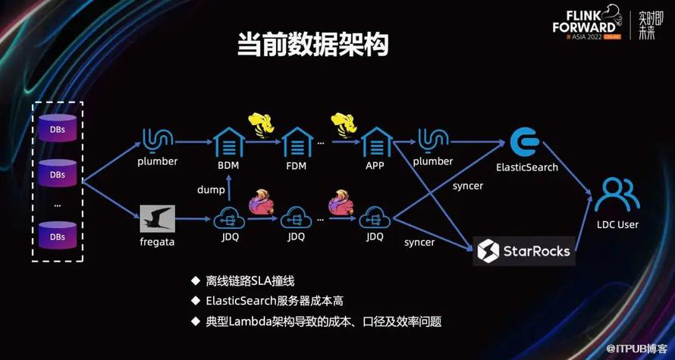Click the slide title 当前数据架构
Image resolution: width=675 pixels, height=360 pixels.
(x=313, y=44)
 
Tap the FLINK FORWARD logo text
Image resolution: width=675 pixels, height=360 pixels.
(x=584, y=21)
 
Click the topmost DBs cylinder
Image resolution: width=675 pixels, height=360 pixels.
(x=58, y=128)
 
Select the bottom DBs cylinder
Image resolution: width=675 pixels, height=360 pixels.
(x=58, y=235)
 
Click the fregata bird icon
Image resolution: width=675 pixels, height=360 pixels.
(x=158, y=218)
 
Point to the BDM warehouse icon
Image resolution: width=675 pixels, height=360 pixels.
(x=228, y=142)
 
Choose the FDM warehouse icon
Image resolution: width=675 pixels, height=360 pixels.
(x=297, y=142)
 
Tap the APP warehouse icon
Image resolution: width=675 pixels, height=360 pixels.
(x=377, y=142)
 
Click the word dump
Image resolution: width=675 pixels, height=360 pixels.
(x=211, y=189)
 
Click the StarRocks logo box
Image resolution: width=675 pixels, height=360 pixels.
(x=524, y=251)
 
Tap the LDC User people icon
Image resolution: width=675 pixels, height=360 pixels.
(x=617, y=195)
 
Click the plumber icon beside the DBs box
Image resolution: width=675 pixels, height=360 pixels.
(x=158, y=141)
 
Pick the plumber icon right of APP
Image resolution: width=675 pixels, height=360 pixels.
(x=433, y=141)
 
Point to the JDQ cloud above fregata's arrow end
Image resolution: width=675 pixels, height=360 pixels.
(x=229, y=218)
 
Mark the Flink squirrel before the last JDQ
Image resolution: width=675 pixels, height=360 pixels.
(x=341, y=202)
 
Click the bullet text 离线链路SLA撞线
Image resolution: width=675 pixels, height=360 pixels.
(x=250, y=281)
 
